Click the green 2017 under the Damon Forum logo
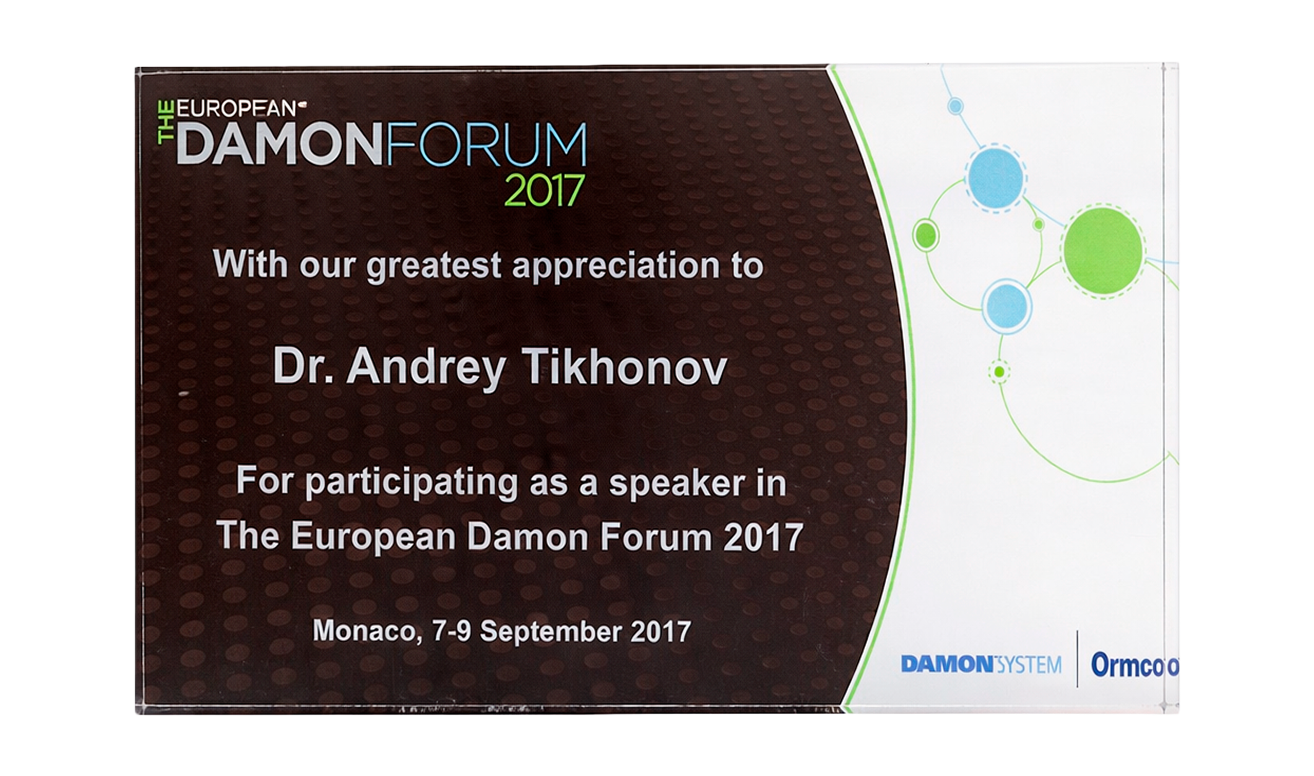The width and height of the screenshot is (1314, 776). coord(544,190)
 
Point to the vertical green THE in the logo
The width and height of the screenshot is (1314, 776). coord(167,122)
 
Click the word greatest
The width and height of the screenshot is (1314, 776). coord(434,266)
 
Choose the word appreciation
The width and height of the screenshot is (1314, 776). coord(615,266)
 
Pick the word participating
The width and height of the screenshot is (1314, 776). coord(412,484)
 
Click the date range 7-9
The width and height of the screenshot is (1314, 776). coord(451,630)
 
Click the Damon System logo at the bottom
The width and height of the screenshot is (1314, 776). coord(981,665)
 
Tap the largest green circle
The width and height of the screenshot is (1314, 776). coord(1103,250)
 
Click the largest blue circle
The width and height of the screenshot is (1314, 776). coord(995,177)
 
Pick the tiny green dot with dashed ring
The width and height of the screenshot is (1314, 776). coord(999,372)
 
